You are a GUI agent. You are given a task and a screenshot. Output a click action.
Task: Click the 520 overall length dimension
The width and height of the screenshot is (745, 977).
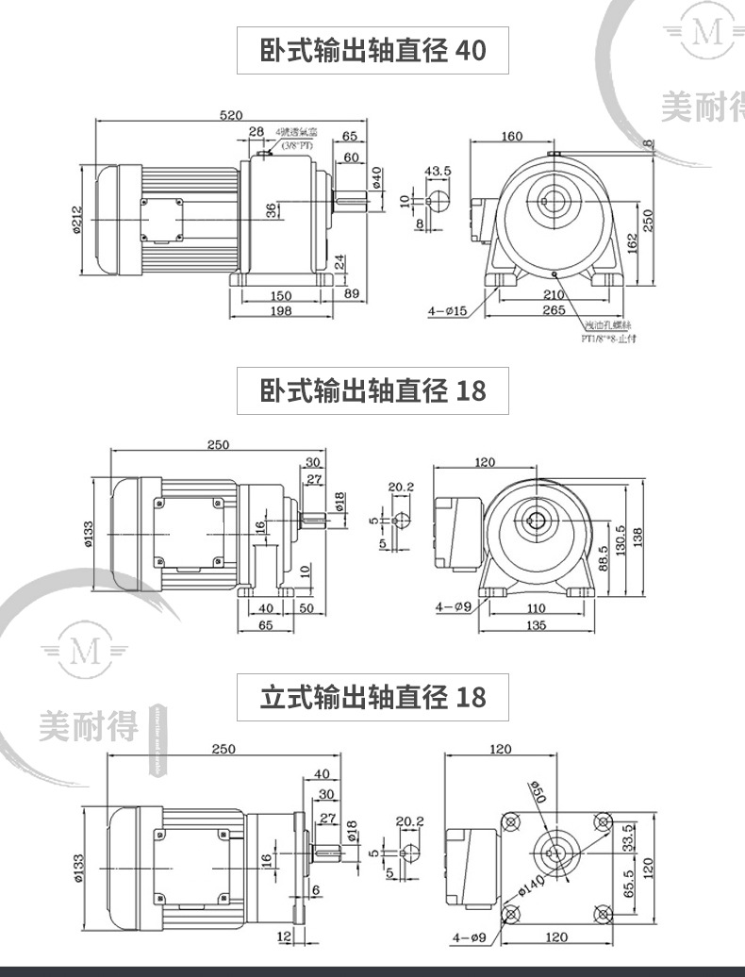pyautogui.click(x=230, y=115)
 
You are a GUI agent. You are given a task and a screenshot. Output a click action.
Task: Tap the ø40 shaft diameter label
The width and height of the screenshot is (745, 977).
pyautogui.click(x=376, y=176)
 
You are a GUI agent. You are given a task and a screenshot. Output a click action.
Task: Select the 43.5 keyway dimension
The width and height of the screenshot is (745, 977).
pyautogui.click(x=438, y=171)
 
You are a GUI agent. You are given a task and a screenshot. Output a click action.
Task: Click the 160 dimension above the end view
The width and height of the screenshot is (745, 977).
pyautogui.click(x=512, y=137)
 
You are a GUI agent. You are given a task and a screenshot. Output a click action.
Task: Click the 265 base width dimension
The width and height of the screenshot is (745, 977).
pyautogui.click(x=554, y=309)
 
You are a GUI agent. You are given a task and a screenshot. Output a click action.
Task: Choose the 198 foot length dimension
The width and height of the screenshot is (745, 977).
pyautogui.click(x=280, y=310)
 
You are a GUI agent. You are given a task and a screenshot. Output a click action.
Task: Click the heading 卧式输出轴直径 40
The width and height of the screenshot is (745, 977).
pyautogui.click(x=372, y=51)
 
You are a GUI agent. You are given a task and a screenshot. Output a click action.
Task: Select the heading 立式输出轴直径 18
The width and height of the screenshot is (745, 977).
pyautogui.click(x=372, y=697)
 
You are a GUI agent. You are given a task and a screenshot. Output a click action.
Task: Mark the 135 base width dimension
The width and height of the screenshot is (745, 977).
pyautogui.click(x=536, y=624)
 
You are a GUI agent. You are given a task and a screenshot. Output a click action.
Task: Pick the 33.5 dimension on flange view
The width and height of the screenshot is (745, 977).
pyautogui.click(x=628, y=836)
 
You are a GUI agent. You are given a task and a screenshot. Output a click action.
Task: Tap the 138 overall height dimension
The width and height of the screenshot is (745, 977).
pyautogui.click(x=638, y=534)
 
